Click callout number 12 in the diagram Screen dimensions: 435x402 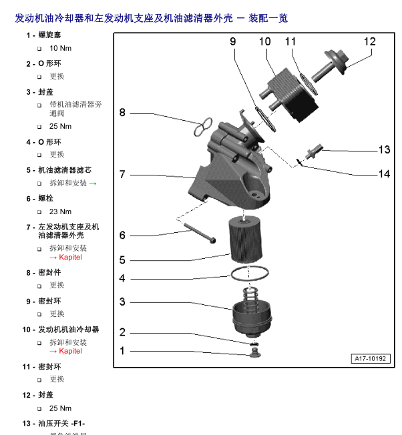point(369,41)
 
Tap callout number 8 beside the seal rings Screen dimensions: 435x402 point(122,113)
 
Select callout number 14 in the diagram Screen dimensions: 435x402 point(384,174)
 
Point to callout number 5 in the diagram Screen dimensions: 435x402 point(122,260)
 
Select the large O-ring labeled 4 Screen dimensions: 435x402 point(249,273)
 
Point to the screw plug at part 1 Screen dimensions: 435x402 point(254,351)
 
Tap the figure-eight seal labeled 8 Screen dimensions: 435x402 point(203,126)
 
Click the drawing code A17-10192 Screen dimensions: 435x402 point(369,359)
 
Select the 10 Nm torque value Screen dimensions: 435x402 point(60,49)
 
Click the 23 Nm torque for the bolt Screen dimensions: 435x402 point(60,212)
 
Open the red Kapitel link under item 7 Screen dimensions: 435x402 point(65,257)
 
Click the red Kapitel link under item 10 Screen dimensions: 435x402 point(65,351)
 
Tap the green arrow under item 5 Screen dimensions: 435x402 point(93,183)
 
